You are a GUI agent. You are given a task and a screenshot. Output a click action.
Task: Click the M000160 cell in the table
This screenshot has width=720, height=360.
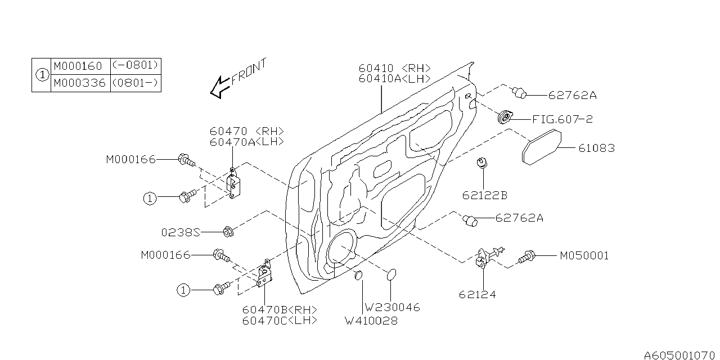tap(78, 66)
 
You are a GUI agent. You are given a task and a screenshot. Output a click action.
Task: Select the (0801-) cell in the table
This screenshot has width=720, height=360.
tap(135, 83)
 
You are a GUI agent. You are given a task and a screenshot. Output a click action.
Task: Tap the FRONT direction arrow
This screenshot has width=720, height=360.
tap(218, 88)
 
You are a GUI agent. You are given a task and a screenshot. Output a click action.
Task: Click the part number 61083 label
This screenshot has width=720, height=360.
tap(596, 148)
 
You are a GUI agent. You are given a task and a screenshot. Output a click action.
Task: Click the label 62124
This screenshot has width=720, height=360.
tap(477, 294)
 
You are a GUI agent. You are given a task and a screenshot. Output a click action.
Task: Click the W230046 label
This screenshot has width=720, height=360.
tap(392, 308)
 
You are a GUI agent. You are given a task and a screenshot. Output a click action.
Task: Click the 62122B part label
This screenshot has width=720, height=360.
tap(485, 195)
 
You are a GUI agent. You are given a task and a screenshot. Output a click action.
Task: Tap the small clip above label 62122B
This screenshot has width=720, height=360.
tap(482, 164)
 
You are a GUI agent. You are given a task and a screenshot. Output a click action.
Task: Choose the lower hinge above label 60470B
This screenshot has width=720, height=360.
tap(264, 275)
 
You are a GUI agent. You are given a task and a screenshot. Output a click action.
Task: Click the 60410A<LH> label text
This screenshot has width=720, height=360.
tap(394, 79)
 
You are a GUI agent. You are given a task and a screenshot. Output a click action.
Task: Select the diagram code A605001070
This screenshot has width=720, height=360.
tap(679, 355)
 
